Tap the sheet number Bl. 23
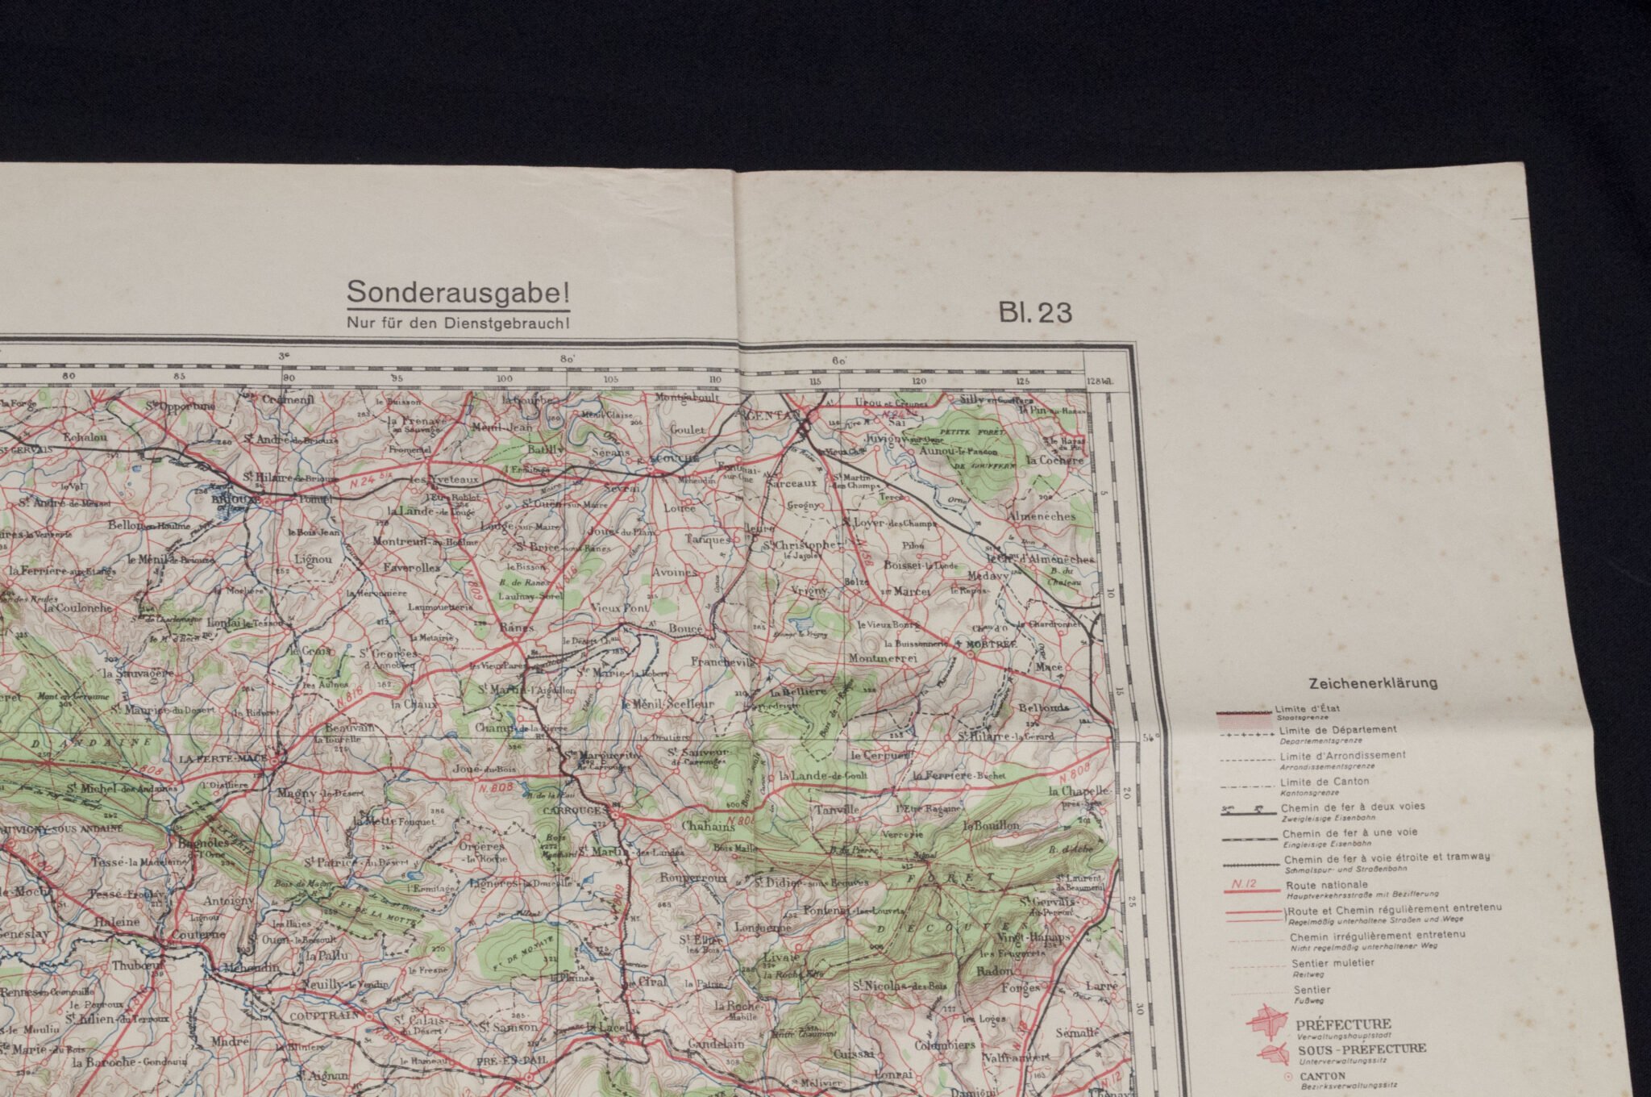coord(1036,312)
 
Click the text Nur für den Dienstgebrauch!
coord(458,323)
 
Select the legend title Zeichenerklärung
coord(1373,683)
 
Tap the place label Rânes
coord(517,627)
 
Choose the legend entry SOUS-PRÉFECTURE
coord(1361,1049)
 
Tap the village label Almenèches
coord(1042,515)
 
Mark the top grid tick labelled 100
coord(505,379)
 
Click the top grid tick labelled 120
coord(917,381)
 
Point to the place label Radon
coord(994,971)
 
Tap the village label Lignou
coord(313,558)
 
